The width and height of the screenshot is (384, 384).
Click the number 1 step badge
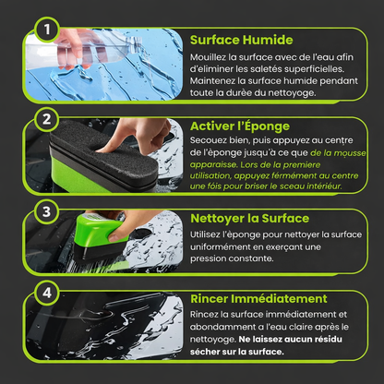tap(46, 30)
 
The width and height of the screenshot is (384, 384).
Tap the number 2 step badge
tap(46, 119)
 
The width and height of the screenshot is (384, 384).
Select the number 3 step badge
tap(46, 211)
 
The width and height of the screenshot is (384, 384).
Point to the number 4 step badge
tap(46, 293)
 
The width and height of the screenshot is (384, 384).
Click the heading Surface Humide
tap(241, 40)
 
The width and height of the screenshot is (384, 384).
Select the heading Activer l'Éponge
tap(240, 126)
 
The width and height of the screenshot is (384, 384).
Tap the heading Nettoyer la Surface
tap(250, 219)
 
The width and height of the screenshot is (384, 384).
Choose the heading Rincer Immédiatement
tap(258, 299)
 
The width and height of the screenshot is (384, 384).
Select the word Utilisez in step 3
tap(203, 234)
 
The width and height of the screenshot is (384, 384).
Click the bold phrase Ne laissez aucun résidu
tap(290, 339)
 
